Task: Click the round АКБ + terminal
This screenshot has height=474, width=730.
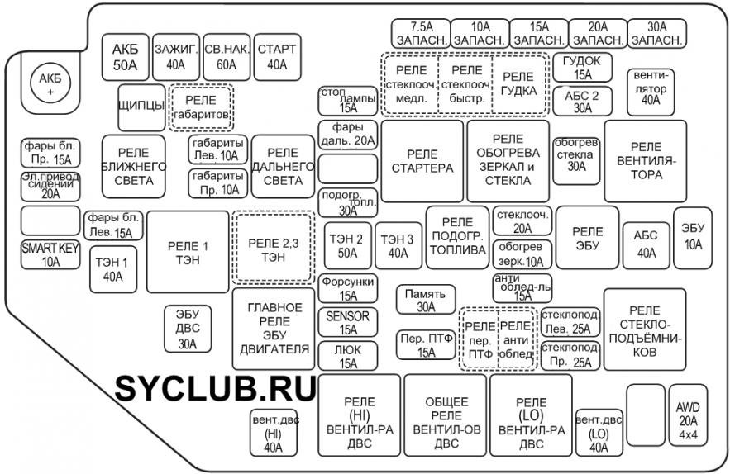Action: point(50,84)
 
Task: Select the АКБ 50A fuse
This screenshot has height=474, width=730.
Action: point(125,57)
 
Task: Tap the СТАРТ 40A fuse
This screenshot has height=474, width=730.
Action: point(277,57)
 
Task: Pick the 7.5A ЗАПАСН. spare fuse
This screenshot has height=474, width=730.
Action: point(421,34)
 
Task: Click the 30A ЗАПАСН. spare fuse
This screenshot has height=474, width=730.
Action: point(657,34)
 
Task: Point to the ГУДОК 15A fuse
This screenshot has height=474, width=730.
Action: point(582,68)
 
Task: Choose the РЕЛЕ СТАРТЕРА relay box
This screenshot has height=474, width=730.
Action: point(422,161)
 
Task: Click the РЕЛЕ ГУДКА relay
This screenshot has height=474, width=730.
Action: point(518,83)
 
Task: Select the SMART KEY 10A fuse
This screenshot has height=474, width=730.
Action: point(50,254)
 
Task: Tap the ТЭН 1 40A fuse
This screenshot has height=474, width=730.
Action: point(113,269)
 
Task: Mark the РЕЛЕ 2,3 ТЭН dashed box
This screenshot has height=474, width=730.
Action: point(274,249)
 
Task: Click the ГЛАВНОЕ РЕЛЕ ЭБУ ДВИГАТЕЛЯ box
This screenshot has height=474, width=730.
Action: point(274,329)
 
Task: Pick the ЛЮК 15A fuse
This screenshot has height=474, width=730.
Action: point(348,356)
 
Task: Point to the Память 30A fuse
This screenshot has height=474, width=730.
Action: point(426,300)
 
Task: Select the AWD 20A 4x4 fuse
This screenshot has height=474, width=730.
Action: point(688,421)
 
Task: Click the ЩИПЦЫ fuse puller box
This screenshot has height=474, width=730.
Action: point(141,107)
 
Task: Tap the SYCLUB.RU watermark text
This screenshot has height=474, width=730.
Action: point(216,388)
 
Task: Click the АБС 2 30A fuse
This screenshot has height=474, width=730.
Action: point(582,102)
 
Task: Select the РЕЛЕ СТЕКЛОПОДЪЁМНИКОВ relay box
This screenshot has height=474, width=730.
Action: point(645,329)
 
